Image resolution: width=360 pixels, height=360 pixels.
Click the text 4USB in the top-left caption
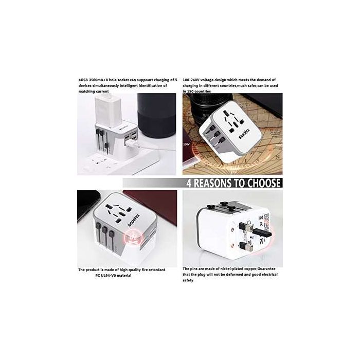pos(83,80)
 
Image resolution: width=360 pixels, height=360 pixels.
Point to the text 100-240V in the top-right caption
pos(194,80)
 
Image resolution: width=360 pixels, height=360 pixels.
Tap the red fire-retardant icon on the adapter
pos(133,238)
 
